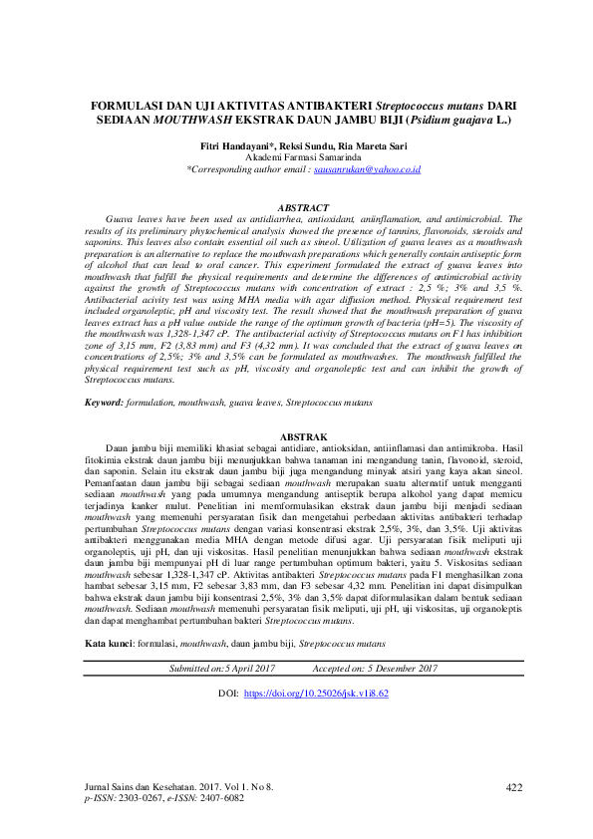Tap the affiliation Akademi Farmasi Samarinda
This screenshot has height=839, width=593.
point(297,157)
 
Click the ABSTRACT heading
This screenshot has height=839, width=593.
point(295,207)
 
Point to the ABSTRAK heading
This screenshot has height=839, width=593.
point(296,465)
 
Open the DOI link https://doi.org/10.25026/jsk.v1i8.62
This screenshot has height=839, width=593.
point(316,664)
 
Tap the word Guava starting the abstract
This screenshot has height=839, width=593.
point(122,217)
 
